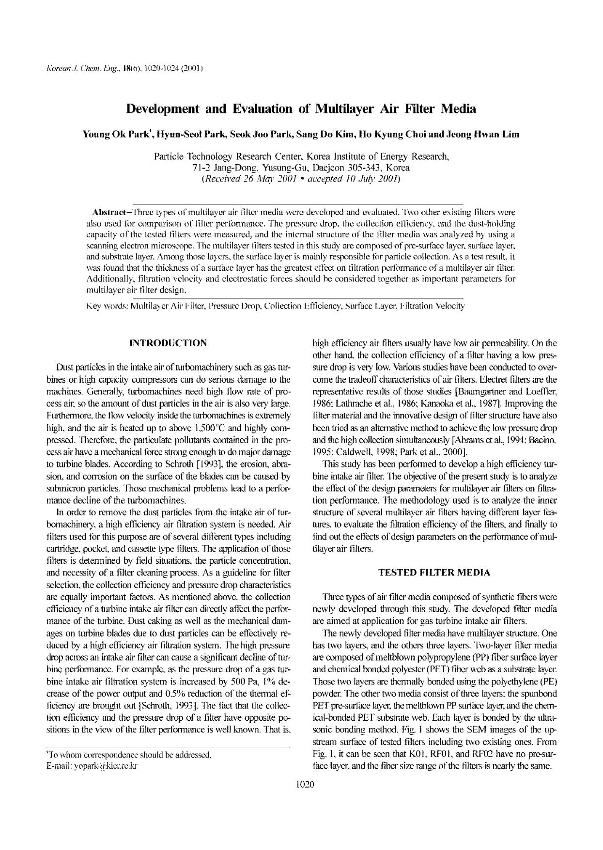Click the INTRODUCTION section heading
(x=168, y=343)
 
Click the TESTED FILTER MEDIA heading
(x=434, y=572)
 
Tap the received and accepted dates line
(x=301, y=178)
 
